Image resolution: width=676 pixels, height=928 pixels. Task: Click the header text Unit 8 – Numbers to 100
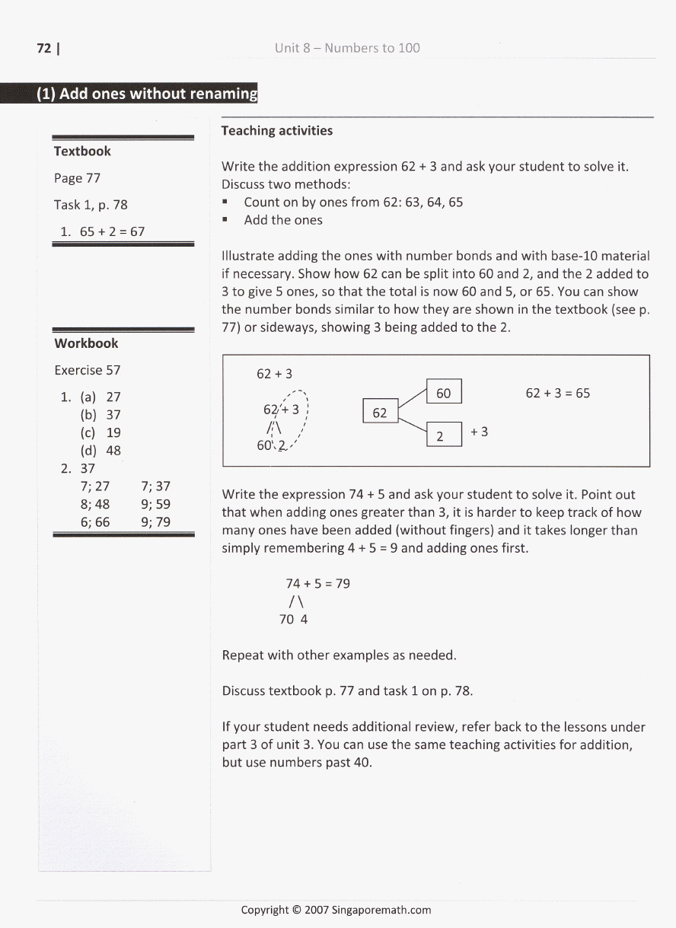point(347,48)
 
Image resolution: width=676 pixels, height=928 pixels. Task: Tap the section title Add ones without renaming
point(148,94)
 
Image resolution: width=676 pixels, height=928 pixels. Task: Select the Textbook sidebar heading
point(82,151)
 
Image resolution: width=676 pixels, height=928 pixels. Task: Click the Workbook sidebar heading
point(86,343)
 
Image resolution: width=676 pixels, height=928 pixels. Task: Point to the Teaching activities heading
point(276,131)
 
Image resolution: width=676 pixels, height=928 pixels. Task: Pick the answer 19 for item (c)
point(113,432)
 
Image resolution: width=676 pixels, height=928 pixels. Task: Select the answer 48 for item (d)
point(113,450)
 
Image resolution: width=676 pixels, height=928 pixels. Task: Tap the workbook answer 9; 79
point(155,522)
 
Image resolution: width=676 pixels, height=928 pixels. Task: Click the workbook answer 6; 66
point(94,522)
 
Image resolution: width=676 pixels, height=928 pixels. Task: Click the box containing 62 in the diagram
point(380,413)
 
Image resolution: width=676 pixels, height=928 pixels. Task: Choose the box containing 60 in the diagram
point(444,393)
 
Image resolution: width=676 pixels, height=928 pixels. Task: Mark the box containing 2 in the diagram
point(444,435)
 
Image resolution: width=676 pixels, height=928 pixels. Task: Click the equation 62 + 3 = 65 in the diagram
point(557,394)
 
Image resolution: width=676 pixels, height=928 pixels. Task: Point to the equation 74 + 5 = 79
point(317,584)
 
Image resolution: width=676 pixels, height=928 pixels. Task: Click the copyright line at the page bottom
point(336,910)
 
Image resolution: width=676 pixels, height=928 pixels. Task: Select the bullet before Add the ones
point(226,220)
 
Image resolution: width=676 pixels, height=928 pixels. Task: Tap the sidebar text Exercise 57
point(87,370)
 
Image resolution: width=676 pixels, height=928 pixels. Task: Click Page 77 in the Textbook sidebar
point(77,178)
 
